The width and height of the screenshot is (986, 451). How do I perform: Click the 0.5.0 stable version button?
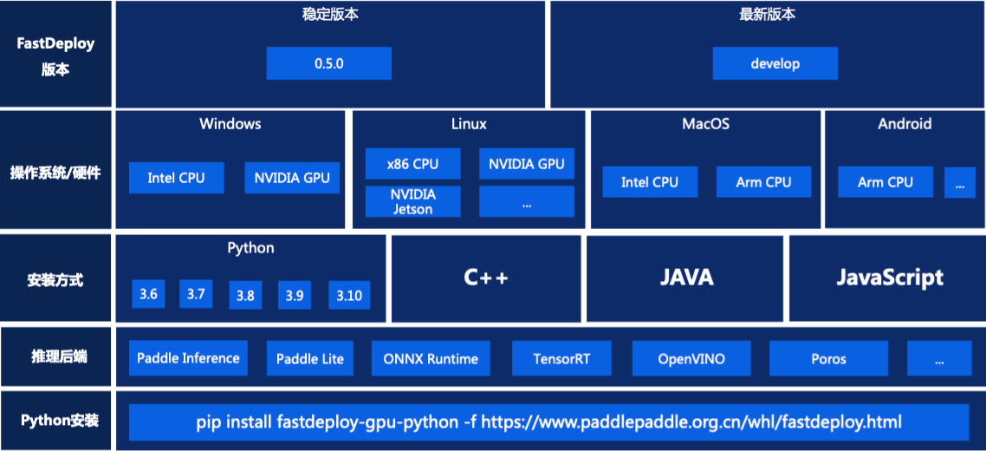pyautogui.click(x=328, y=63)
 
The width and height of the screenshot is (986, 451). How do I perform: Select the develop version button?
pyautogui.click(x=775, y=63)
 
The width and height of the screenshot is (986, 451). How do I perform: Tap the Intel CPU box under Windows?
pyautogui.click(x=176, y=178)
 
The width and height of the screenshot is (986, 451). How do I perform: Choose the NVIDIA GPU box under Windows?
pyautogui.click(x=292, y=178)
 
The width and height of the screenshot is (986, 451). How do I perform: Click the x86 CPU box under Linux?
pyautogui.click(x=413, y=164)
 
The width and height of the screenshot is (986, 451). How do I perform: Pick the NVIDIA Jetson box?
pyautogui.click(x=412, y=201)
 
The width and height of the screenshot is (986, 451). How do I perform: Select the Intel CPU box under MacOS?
pyautogui.click(x=650, y=182)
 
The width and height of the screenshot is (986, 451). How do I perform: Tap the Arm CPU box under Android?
pyautogui.click(x=885, y=182)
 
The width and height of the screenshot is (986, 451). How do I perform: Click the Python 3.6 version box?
pyautogui.click(x=148, y=294)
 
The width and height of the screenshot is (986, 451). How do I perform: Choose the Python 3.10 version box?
pyautogui.click(x=349, y=296)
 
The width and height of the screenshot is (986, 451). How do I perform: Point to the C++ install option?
pyautogui.click(x=486, y=278)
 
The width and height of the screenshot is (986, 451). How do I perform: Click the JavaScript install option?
pyautogui.click(x=889, y=278)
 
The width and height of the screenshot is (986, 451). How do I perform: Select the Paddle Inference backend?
pyautogui.click(x=188, y=358)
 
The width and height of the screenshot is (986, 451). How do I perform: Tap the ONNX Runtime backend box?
pyautogui.click(x=431, y=358)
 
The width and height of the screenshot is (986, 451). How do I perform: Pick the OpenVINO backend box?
pyautogui.click(x=691, y=358)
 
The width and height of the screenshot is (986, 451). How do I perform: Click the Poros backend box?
pyautogui.click(x=828, y=358)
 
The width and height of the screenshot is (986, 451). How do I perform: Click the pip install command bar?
pyautogui.click(x=549, y=422)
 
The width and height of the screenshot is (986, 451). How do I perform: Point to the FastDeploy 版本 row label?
pyautogui.click(x=55, y=56)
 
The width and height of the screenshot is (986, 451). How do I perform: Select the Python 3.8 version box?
pyautogui.click(x=245, y=296)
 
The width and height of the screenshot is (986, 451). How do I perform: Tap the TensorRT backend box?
pyautogui.click(x=561, y=358)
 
